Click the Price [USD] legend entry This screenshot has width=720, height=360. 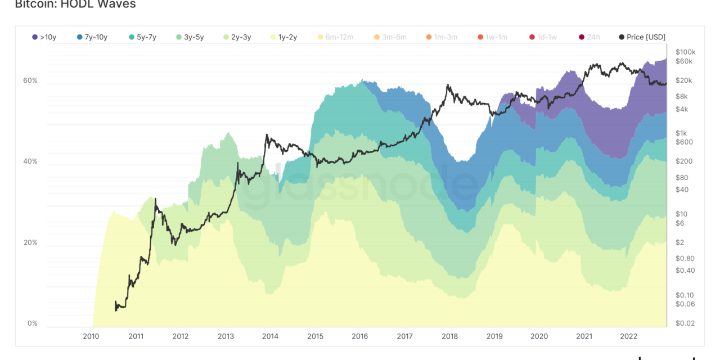(642, 37)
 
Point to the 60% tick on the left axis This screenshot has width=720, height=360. (30, 81)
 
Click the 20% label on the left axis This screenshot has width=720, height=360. (30, 243)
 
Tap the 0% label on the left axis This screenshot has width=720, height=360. (32, 324)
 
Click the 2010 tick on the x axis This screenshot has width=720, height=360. (91, 336)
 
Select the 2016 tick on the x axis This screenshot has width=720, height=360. (359, 336)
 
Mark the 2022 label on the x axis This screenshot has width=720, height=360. (628, 336)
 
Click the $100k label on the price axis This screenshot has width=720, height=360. (686, 52)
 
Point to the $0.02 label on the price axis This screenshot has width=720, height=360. (685, 323)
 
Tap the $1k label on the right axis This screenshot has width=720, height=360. (682, 133)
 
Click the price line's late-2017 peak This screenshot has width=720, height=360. (448, 85)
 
